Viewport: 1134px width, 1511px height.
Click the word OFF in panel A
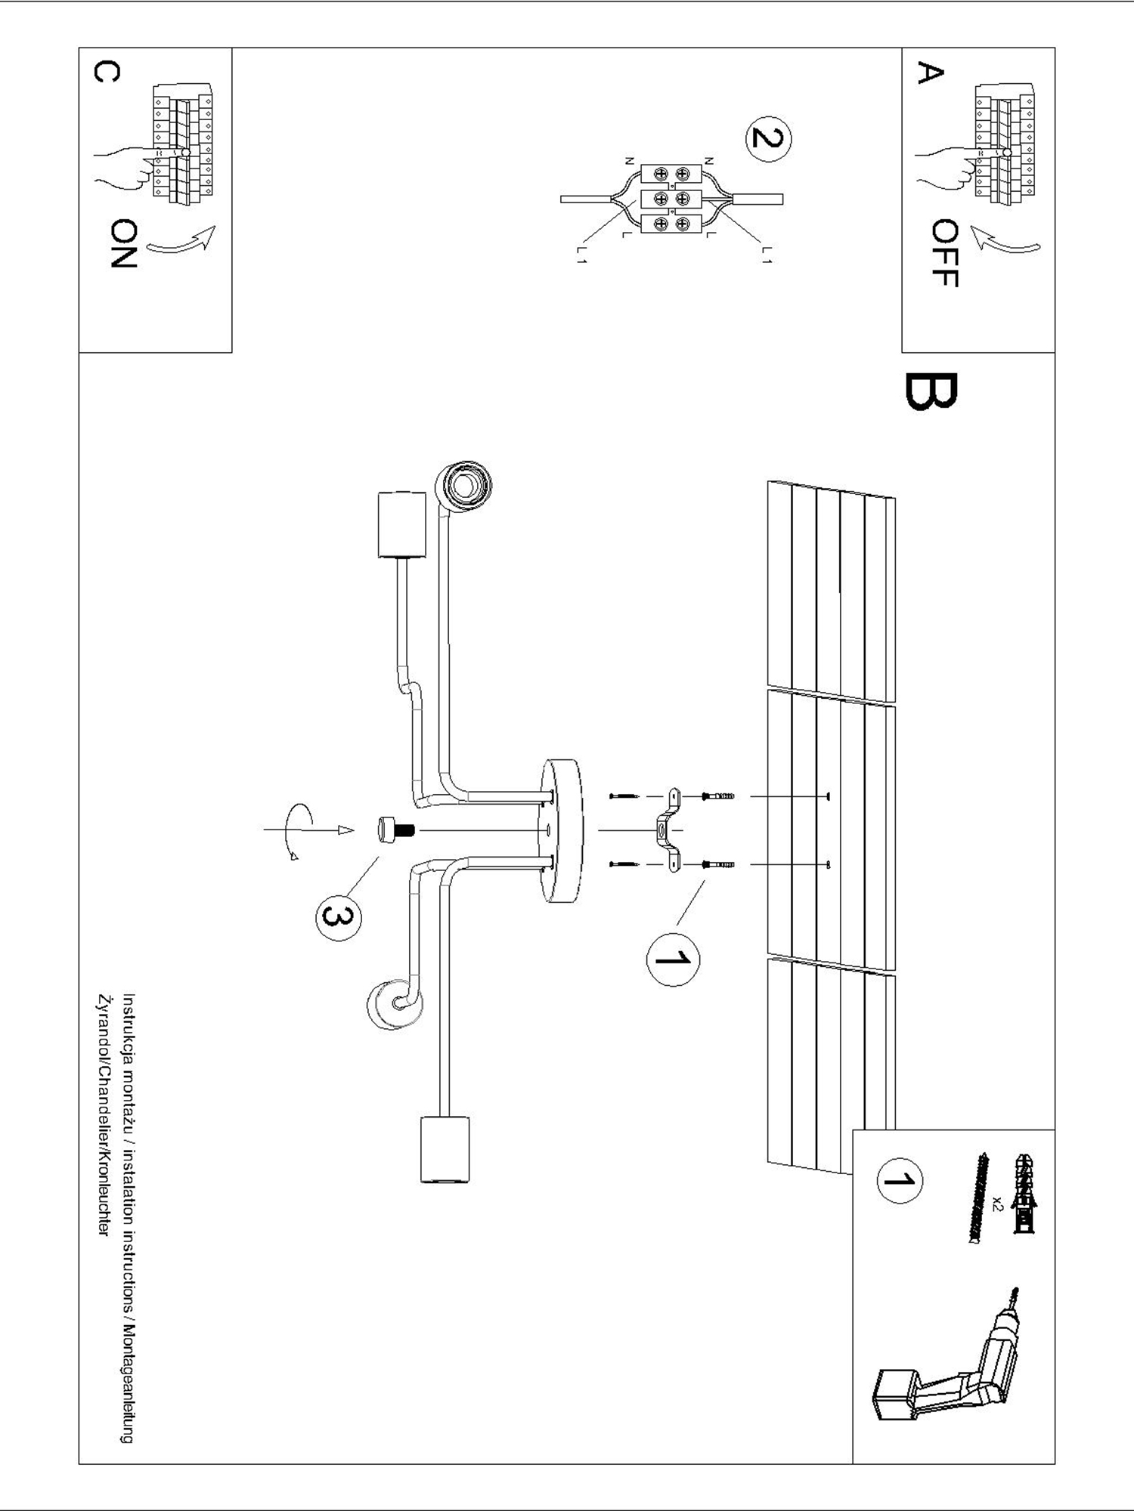(x=945, y=253)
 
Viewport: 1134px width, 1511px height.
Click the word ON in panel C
(x=123, y=243)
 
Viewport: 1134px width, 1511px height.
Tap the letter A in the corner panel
(x=930, y=74)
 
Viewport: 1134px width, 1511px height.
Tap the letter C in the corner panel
(x=107, y=73)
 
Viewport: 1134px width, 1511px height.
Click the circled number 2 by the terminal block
(x=768, y=140)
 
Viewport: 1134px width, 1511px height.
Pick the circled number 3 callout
(x=337, y=917)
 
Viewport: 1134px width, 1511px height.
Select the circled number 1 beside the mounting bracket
(x=673, y=959)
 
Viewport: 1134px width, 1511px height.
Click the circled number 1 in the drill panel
(x=899, y=1180)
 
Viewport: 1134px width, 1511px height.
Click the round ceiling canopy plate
(x=561, y=831)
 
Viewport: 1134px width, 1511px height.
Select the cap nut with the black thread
(x=395, y=830)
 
